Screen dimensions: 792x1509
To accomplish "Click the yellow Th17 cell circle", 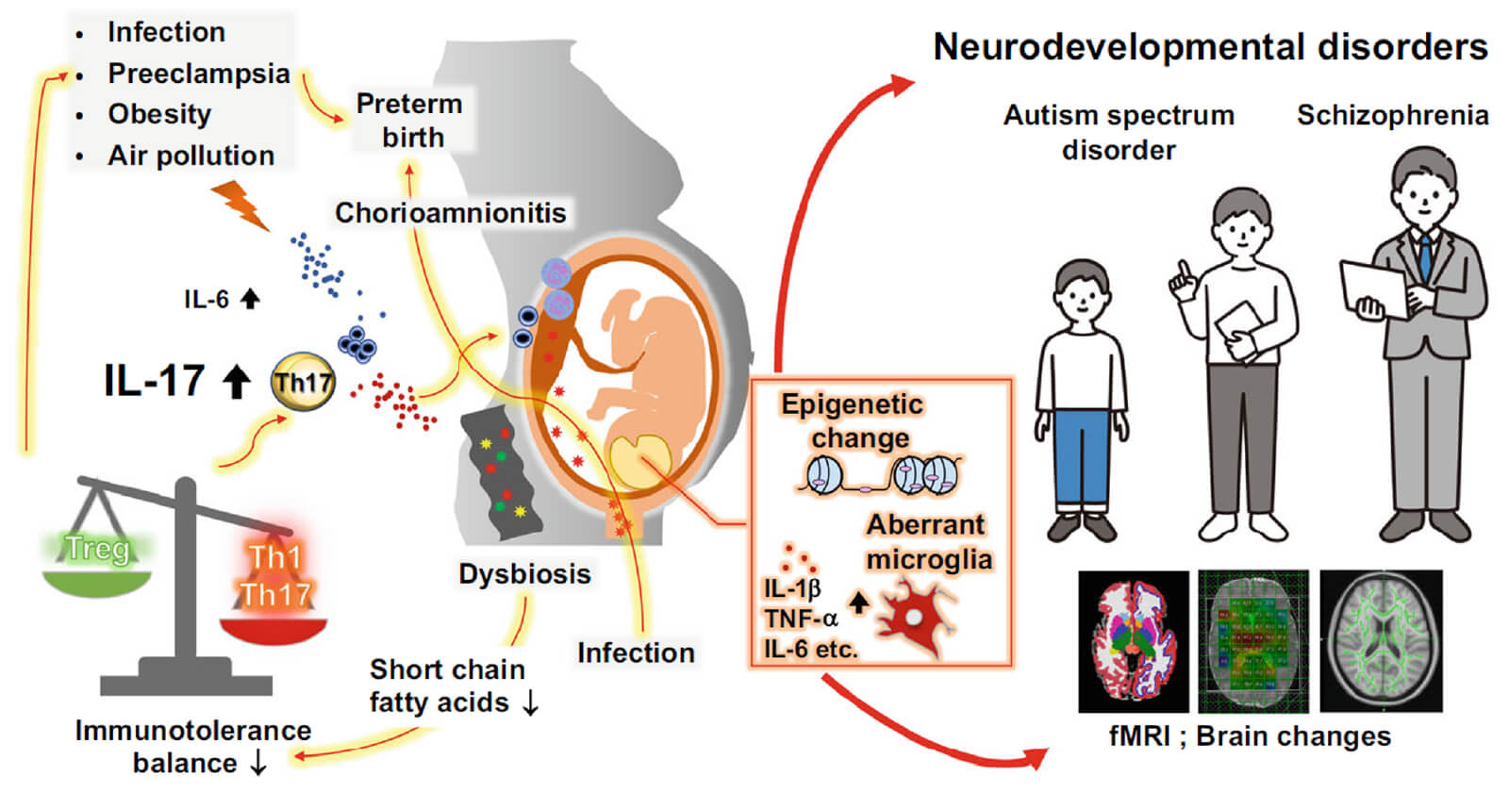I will (303, 382).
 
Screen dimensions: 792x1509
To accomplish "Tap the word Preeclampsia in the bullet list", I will (198, 74).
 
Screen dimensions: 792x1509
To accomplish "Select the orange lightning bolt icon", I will (241, 205).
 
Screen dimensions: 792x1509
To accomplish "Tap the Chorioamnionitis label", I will (451, 213).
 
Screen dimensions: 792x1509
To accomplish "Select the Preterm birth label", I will (410, 120).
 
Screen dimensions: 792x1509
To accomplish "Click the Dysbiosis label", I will (524, 574).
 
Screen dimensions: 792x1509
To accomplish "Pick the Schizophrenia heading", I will (1392, 115).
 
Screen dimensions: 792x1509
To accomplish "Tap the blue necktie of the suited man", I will (1425, 255).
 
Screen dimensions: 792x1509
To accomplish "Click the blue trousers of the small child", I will (1082, 467).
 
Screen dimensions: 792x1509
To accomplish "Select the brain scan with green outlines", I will (1381, 640).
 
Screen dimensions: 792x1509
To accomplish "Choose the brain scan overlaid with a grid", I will (1253, 640).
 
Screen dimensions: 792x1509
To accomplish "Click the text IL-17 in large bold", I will (154, 381).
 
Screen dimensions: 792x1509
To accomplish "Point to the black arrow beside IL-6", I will (250, 299).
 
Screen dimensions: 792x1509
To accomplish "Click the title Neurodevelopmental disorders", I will (1210, 47).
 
